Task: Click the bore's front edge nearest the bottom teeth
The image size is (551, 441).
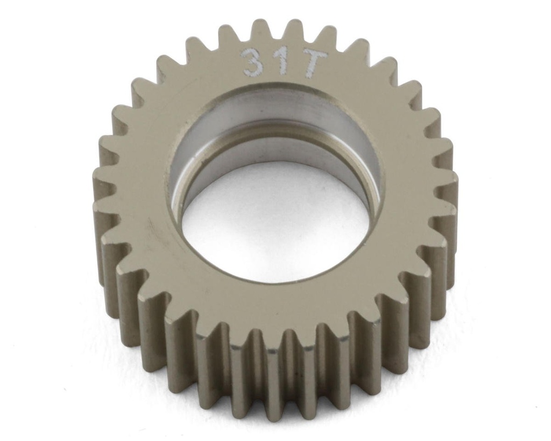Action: click(x=274, y=282)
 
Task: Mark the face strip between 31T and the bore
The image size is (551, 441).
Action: click(x=274, y=81)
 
